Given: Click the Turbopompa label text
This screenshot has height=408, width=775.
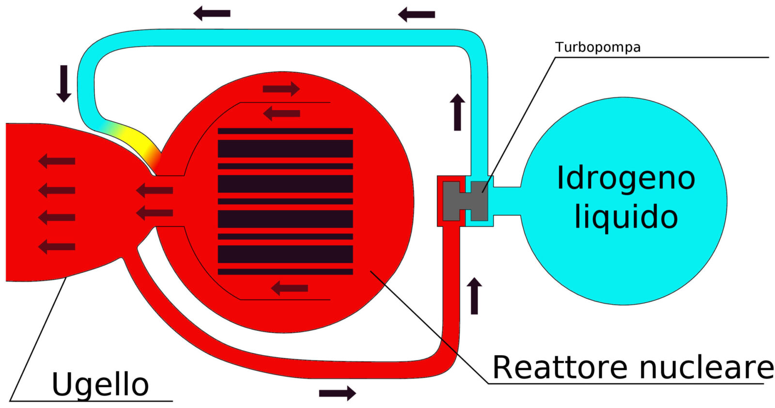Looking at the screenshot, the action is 598,47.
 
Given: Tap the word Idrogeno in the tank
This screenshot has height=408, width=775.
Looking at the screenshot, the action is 626,178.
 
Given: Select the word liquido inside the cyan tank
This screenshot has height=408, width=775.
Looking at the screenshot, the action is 626,217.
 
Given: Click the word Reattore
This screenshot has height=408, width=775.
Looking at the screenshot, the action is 559,367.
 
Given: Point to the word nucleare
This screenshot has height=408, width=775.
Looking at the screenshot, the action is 706,368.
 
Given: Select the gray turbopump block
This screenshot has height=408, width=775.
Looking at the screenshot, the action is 465,201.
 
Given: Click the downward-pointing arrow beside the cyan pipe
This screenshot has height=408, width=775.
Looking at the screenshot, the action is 63,83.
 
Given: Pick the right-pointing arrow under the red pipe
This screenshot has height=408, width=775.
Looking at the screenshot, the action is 337,393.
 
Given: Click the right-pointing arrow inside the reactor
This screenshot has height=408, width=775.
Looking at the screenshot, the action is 281,89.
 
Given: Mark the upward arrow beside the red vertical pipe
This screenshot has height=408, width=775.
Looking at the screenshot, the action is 474,296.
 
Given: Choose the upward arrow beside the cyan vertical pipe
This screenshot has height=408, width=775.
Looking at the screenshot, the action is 457,112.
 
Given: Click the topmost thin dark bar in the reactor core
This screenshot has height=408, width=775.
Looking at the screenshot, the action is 285,131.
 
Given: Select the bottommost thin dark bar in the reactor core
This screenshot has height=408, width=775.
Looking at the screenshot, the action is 285,272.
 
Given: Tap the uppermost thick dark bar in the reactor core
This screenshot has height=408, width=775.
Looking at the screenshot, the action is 285,149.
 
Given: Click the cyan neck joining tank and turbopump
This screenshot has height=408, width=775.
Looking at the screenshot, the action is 507,201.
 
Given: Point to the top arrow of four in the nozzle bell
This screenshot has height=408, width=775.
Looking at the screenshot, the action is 56,161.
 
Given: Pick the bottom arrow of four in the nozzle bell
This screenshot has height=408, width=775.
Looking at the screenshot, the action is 56,247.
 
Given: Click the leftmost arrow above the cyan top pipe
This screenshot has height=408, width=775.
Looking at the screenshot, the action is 212,14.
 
